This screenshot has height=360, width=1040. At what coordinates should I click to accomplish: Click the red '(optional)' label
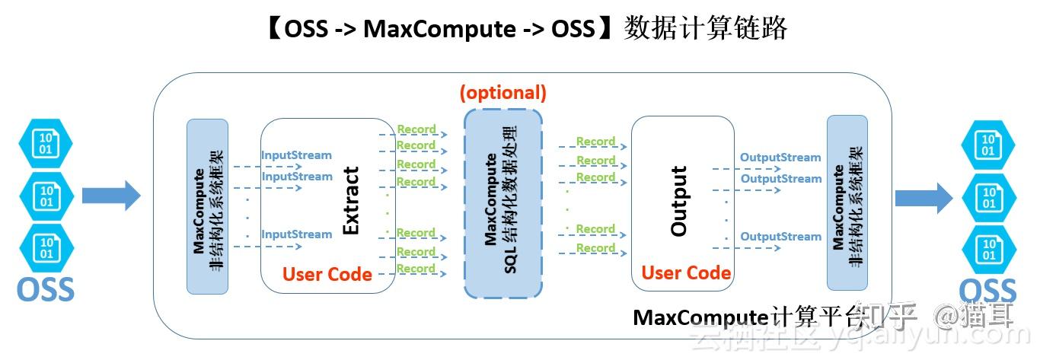(502, 93)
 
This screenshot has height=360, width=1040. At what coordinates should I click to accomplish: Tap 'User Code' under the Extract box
(327, 274)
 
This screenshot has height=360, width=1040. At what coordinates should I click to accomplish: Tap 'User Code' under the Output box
(686, 272)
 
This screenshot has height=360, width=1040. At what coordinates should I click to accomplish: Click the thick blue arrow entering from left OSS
(111, 196)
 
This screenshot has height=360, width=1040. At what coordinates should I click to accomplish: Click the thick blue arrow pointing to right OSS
(923, 198)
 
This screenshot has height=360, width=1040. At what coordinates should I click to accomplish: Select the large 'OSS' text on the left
(46, 289)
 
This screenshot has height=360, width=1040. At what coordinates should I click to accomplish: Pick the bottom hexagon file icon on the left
(46, 248)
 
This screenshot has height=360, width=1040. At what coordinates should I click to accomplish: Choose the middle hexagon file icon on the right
(988, 198)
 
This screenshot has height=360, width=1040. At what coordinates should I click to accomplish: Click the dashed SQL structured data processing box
(503, 202)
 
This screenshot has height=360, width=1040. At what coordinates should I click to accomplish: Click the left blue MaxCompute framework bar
(207, 205)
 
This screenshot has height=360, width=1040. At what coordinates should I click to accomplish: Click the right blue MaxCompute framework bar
(847, 202)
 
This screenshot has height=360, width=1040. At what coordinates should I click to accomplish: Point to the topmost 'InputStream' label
(296, 155)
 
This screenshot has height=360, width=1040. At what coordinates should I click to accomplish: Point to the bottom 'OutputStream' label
(780, 237)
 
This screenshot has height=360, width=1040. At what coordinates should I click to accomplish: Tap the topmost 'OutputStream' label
(780, 158)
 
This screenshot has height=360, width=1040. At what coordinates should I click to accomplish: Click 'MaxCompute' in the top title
(439, 29)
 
